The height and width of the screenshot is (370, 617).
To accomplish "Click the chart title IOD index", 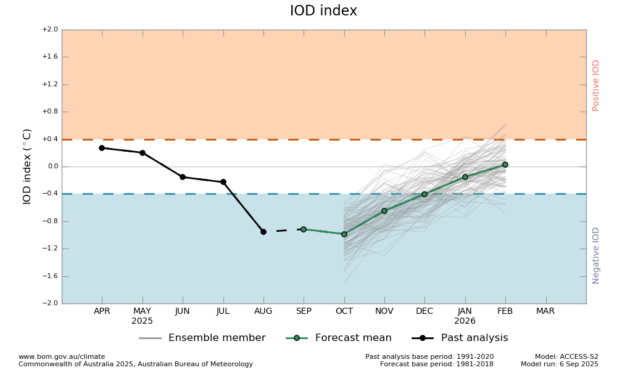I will [x=323, y=11].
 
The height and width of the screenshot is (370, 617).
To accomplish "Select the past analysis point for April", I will [x=102, y=148].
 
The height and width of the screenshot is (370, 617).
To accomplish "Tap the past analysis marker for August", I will [x=263, y=232].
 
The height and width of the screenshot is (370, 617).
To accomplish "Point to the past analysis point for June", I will [x=183, y=177].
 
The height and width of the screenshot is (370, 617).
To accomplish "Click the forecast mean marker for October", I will [x=344, y=234].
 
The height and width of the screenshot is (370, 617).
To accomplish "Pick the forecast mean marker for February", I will [x=505, y=165].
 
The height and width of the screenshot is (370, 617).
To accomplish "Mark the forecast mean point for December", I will [x=424, y=194].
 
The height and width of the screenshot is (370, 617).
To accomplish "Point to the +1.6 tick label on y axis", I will [x=50, y=57].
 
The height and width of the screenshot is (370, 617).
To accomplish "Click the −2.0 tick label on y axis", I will [x=50, y=303].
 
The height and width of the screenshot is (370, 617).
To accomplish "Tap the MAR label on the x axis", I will [x=545, y=311].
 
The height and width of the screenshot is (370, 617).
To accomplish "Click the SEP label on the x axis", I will [x=304, y=311].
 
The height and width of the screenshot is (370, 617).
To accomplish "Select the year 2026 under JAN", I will [x=465, y=321].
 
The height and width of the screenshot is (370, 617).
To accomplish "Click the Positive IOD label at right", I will [x=596, y=85].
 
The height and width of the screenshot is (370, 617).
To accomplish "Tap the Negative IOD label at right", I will [x=596, y=255].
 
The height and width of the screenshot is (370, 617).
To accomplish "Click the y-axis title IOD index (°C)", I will [x=27, y=166].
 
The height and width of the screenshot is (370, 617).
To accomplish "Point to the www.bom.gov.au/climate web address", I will [x=62, y=356].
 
